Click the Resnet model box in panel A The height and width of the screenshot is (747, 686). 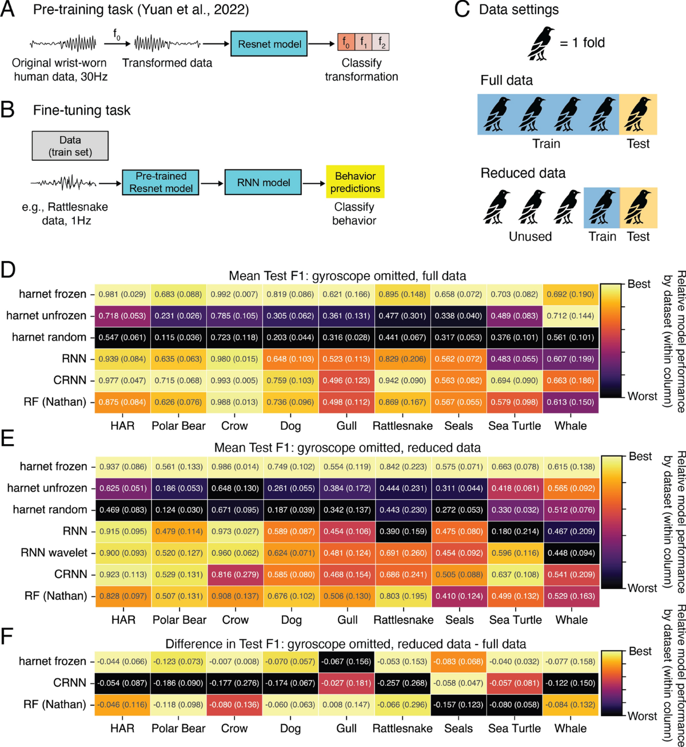[x=269, y=44]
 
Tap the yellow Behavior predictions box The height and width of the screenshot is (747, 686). [x=354, y=182]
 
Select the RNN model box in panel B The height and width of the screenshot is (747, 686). [x=263, y=183]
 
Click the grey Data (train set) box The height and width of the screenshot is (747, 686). [x=70, y=146]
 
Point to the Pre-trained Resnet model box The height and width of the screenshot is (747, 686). [x=161, y=182]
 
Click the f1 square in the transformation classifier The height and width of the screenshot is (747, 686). [x=364, y=42]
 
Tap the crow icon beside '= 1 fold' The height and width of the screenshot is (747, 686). [x=541, y=44]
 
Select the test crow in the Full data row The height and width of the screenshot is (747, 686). [x=637, y=114]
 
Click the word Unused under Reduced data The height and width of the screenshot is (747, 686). [x=530, y=236]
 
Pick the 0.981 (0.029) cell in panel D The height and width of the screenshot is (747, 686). [x=122, y=294]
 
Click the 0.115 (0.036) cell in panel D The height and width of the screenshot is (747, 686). [x=178, y=337]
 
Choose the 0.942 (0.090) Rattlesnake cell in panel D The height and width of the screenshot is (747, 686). [x=402, y=381]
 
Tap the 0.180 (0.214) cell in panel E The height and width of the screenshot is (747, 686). [x=514, y=531]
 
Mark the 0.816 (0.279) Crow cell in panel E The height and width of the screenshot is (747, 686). [x=235, y=574]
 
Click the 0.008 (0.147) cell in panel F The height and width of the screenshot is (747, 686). [x=346, y=705]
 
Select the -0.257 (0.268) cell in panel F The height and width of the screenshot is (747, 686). [x=402, y=683]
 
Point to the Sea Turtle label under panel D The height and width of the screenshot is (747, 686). [x=514, y=426]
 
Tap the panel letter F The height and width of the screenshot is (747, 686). [x=7, y=637]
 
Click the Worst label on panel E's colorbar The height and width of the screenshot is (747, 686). [x=642, y=588]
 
